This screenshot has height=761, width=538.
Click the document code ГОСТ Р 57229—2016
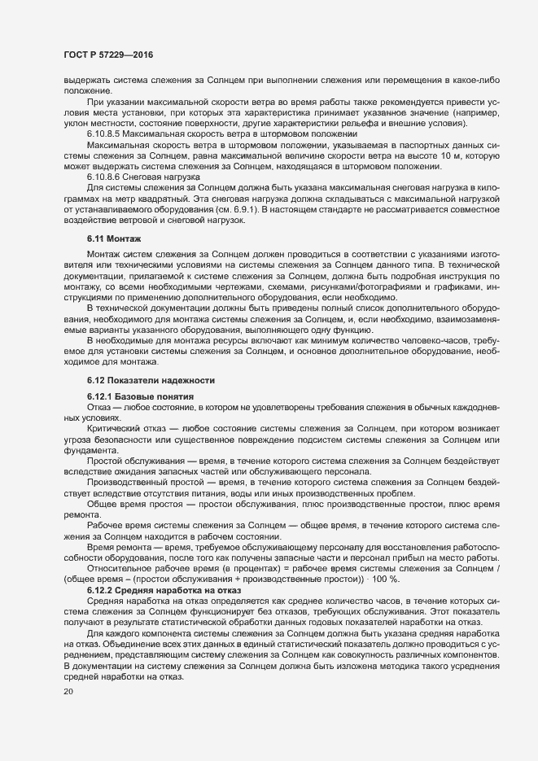point(107,54)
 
